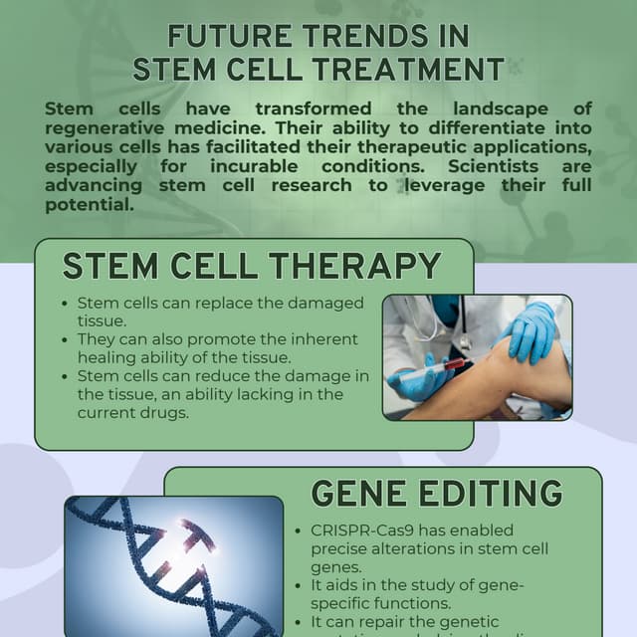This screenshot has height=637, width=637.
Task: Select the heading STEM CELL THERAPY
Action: coord(252,266)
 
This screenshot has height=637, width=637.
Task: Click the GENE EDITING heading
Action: coord(436,494)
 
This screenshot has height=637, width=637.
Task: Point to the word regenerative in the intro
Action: coord(109,128)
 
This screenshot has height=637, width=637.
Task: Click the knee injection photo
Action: coord(477,356)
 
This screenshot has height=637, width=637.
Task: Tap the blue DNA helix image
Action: coord(174,565)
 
